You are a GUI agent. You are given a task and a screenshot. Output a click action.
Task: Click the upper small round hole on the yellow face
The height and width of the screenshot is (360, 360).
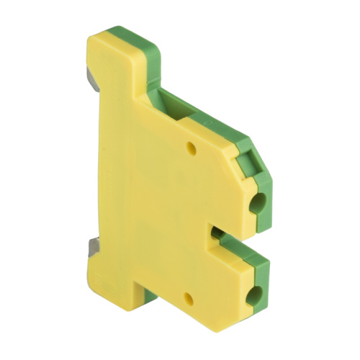(x=192, y=149)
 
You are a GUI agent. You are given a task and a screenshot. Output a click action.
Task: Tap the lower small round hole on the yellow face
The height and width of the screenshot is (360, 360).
(x=189, y=296)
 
